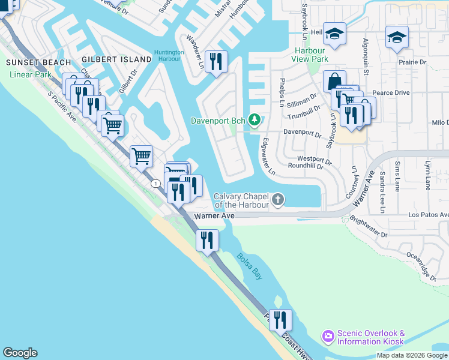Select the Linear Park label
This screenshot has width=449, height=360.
pyautogui.click(x=31, y=75)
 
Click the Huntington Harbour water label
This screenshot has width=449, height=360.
pyautogui.click(x=169, y=56)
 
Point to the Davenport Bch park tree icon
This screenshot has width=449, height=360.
pyautogui.click(x=255, y=121)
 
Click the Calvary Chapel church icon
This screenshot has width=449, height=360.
pyautogui.click(x=278, y=199)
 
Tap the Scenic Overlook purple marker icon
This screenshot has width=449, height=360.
pyautogui.click(x=328, y=336)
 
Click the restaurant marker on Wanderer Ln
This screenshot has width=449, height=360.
pyautogui.click(x=216, y=61)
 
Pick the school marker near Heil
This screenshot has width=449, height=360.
pyautogui.click(x=335, y=35)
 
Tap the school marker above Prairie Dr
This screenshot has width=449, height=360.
pyautogui.click(x=397, y=37)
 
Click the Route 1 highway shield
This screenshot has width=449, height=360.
pyautogui.click(x=155, y=183)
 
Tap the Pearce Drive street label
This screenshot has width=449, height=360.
pyautogui.click(x=391, y=93)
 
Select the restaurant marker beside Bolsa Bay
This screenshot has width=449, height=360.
pyautogui.click(x=207, y=241)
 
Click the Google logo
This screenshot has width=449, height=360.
pyautogui.click(x=20, y=353)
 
